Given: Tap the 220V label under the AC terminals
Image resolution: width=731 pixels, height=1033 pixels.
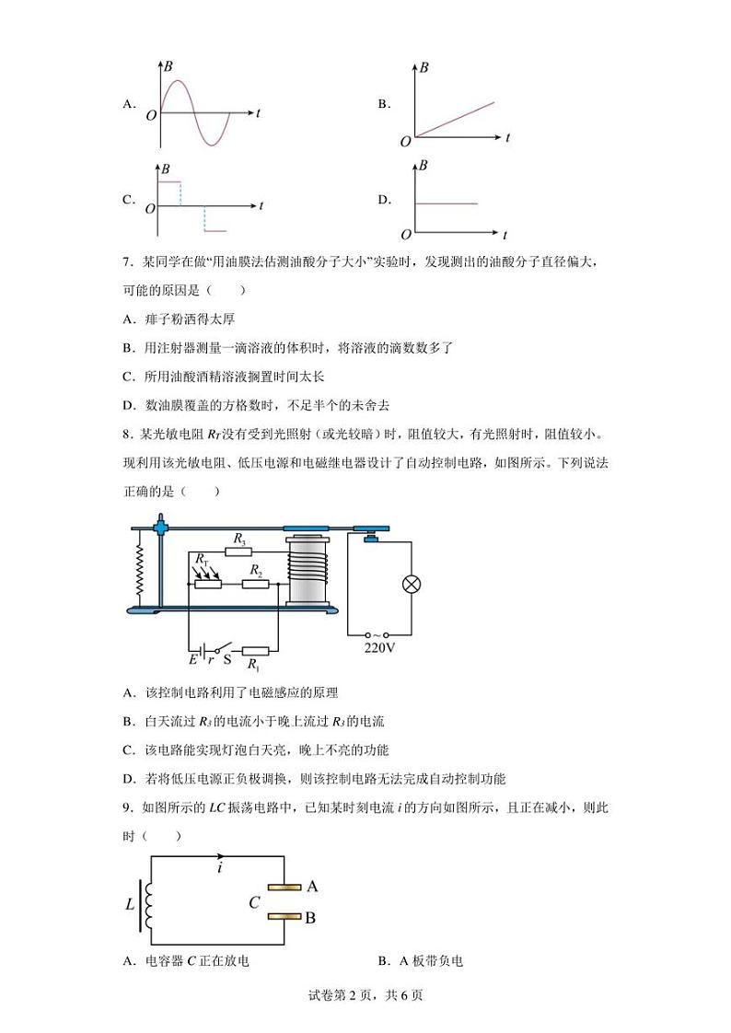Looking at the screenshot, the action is (378, 647).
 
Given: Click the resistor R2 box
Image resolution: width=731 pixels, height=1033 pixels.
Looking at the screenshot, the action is (255, 584).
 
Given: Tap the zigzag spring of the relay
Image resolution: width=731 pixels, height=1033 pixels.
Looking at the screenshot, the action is (140, 569).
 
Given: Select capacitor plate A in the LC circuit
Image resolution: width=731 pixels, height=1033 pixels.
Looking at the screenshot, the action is (284, 888).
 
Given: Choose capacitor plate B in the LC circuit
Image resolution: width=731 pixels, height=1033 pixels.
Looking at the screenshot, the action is (284, 916).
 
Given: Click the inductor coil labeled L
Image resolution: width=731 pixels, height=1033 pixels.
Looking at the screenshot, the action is (146, 902).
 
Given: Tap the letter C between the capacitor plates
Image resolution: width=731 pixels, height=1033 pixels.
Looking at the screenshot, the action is (254, 902).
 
